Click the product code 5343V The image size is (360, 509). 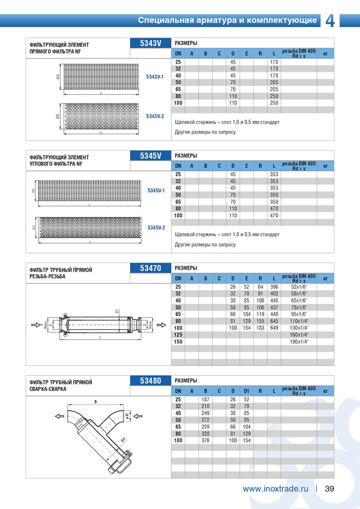[x=150, y=43]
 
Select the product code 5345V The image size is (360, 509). [x=150, y=155]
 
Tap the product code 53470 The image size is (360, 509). [x=150, y=268]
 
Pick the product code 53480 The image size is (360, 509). [x=150, y=381]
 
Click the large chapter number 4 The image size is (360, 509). [x=330, y=21]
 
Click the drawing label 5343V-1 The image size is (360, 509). [x=155, y=77]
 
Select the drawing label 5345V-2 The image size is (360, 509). [x=156, y=227]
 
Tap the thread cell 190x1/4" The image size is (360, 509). [x=299, y=342]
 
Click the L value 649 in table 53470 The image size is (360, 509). [x=274, y=328]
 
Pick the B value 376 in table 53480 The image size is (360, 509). [x=205, y=441]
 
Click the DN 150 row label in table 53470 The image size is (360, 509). [x=178, y=342]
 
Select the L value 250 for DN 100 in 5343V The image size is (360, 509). [x=274, y=103]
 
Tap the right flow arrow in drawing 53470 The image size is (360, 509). [x=160, y=325]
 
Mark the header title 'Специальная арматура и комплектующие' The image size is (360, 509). [x=227, y=21]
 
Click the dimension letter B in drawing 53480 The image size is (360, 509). [x=95, y=401]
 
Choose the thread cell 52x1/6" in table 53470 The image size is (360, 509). [x=299, y=287]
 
